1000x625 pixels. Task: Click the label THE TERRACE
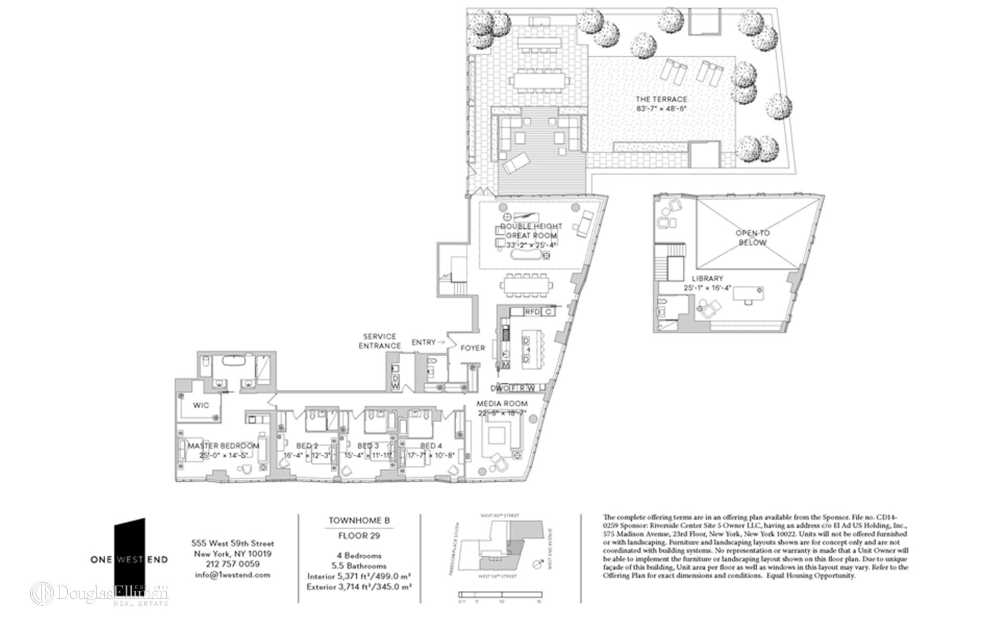click(661, 99)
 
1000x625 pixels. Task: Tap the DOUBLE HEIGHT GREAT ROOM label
click(531, 231)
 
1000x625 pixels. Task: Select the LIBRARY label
click(707, 279)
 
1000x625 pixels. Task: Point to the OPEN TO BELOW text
click(752, 238)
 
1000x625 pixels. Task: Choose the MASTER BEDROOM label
click(223, 446)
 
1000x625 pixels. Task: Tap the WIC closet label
click(201, 405)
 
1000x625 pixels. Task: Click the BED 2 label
click(307, 446)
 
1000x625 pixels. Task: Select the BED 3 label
click(368, 446)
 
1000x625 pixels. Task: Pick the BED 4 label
click(431, 446)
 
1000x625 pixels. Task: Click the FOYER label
click(472, 348)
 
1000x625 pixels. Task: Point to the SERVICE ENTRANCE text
click(380, 341)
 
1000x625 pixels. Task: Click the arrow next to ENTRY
click(442, 342)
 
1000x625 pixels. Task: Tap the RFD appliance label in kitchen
click(532, 312)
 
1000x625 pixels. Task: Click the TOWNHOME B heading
click(359, 520)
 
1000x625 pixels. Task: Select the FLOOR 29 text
click(359, 535)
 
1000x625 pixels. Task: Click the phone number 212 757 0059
click(233, 564)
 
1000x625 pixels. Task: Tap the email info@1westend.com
click(233, 575)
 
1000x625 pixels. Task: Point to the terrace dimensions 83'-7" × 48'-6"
click(661, 109)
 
